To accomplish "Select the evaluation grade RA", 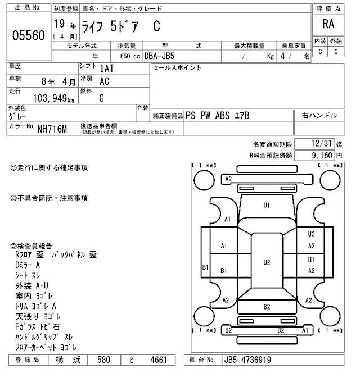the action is [327, 24].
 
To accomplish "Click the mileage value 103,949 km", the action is [49, 98].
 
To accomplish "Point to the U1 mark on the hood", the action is [267, 205].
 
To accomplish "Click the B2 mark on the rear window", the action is [267, 306].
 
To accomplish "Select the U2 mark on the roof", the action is [267, 262].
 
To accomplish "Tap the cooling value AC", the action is [104, 81].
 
